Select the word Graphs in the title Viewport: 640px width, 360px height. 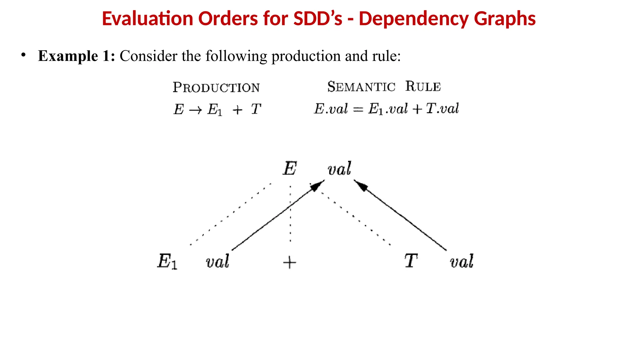(x=505, y=18)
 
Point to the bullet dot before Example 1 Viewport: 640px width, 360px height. (x=23, y=55)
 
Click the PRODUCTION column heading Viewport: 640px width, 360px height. (x=216, y=87)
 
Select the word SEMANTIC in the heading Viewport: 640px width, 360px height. (x=361, y=87)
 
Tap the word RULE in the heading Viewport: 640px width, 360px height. (x=423, y=86)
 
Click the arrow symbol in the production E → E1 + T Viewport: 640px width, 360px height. (x=196, y=110)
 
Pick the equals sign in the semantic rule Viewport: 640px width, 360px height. (x=358, y=109)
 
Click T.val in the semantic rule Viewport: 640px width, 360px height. (x=442, y=108)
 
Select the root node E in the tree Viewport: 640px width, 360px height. (x=290, y=168)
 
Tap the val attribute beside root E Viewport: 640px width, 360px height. (x=339, y=169)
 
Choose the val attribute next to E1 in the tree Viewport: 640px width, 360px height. (x=217, y=261)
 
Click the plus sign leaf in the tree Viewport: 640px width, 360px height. (x=289, y=262)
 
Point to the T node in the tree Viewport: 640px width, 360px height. (x=411, y=261)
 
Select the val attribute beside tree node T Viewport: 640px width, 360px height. (x=462, y=261)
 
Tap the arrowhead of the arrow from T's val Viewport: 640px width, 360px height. (x=361, y=185)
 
